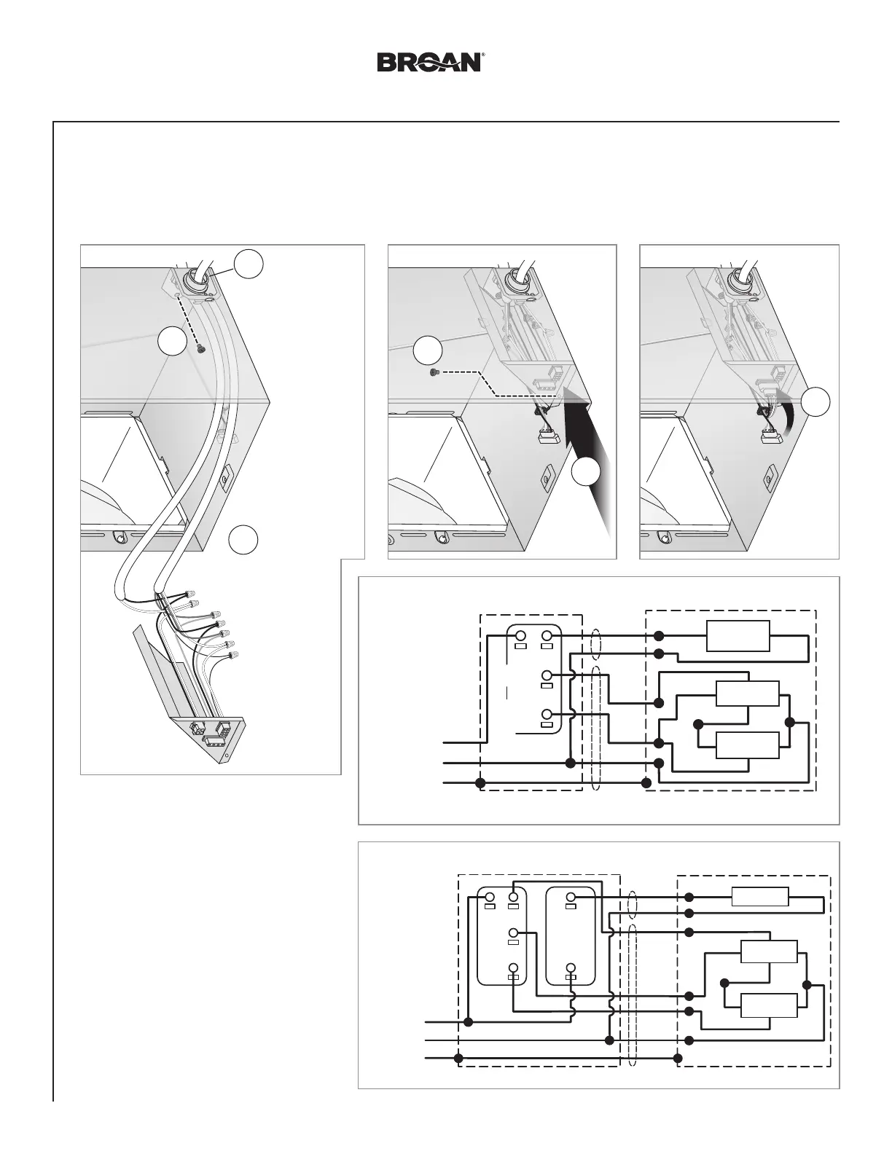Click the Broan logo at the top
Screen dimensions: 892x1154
click(429, 62)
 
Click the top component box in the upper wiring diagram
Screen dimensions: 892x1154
click(738, 635)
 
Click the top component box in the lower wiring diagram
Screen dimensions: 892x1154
click(760, 896)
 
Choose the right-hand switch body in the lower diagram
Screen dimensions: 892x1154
click(571, 936)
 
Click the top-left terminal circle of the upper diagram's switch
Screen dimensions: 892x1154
click(520, 636)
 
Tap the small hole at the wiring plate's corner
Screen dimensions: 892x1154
click(227, 755)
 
